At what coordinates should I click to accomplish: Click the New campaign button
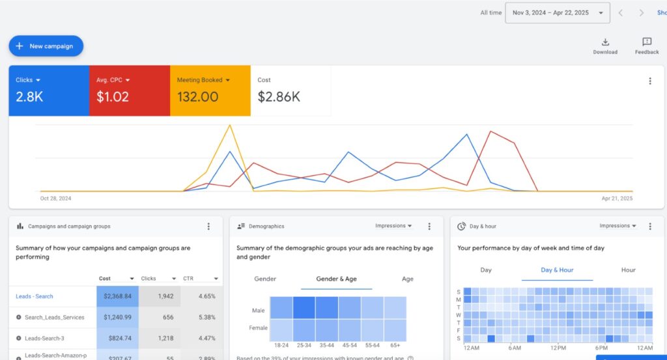click(46, 46)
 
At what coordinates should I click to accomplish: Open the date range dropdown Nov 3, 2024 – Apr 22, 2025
click(558, 12)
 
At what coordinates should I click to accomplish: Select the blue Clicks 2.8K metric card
click(48, 90)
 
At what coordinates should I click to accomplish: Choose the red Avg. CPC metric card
click(129, 90)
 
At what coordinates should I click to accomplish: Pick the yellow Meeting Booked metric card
click(210, 90)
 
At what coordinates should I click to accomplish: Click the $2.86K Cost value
click(279, 97)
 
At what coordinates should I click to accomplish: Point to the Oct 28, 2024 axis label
click(55, 199)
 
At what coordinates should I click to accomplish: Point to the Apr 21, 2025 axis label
click(617, 199)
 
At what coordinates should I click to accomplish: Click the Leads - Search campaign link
click(35, 296)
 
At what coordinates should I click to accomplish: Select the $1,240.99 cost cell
click(117, 317)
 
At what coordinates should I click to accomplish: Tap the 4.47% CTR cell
click(202, 339)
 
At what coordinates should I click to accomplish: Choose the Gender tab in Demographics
click(265, 279)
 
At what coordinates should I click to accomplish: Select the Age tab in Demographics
click(408, 279)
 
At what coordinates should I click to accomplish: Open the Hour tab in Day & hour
click(628, 270)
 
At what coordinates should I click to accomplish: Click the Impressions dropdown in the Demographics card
click(393, 226)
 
